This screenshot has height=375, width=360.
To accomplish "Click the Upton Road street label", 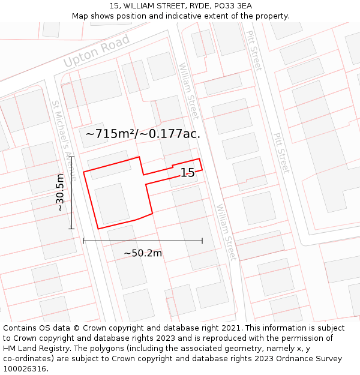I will pos(97,51).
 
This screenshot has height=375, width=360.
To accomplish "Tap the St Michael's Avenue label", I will pos(64,140).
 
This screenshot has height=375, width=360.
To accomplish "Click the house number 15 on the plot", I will pos(187,173).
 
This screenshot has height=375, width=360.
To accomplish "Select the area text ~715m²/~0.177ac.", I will pos(143,134).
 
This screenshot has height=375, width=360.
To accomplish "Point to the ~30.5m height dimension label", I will pos(60,193).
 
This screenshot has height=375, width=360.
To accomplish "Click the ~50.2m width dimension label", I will pos(143,253).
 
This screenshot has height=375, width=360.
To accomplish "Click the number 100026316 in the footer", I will pos(25,369).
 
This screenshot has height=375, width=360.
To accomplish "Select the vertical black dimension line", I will pos(71,193).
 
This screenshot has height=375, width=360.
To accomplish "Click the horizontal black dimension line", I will pos(143,241).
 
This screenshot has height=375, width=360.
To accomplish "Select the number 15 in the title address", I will pos(114,6).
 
